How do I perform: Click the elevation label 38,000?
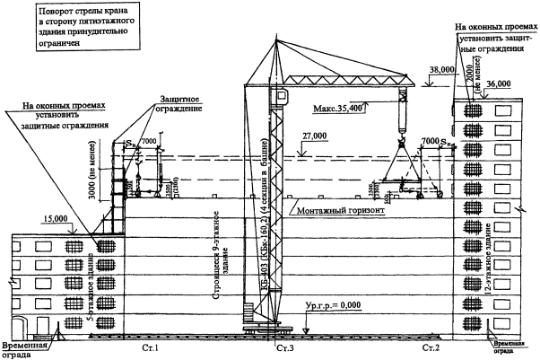[x=442, y=68]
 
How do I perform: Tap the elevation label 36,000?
[x=499, y=83]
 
